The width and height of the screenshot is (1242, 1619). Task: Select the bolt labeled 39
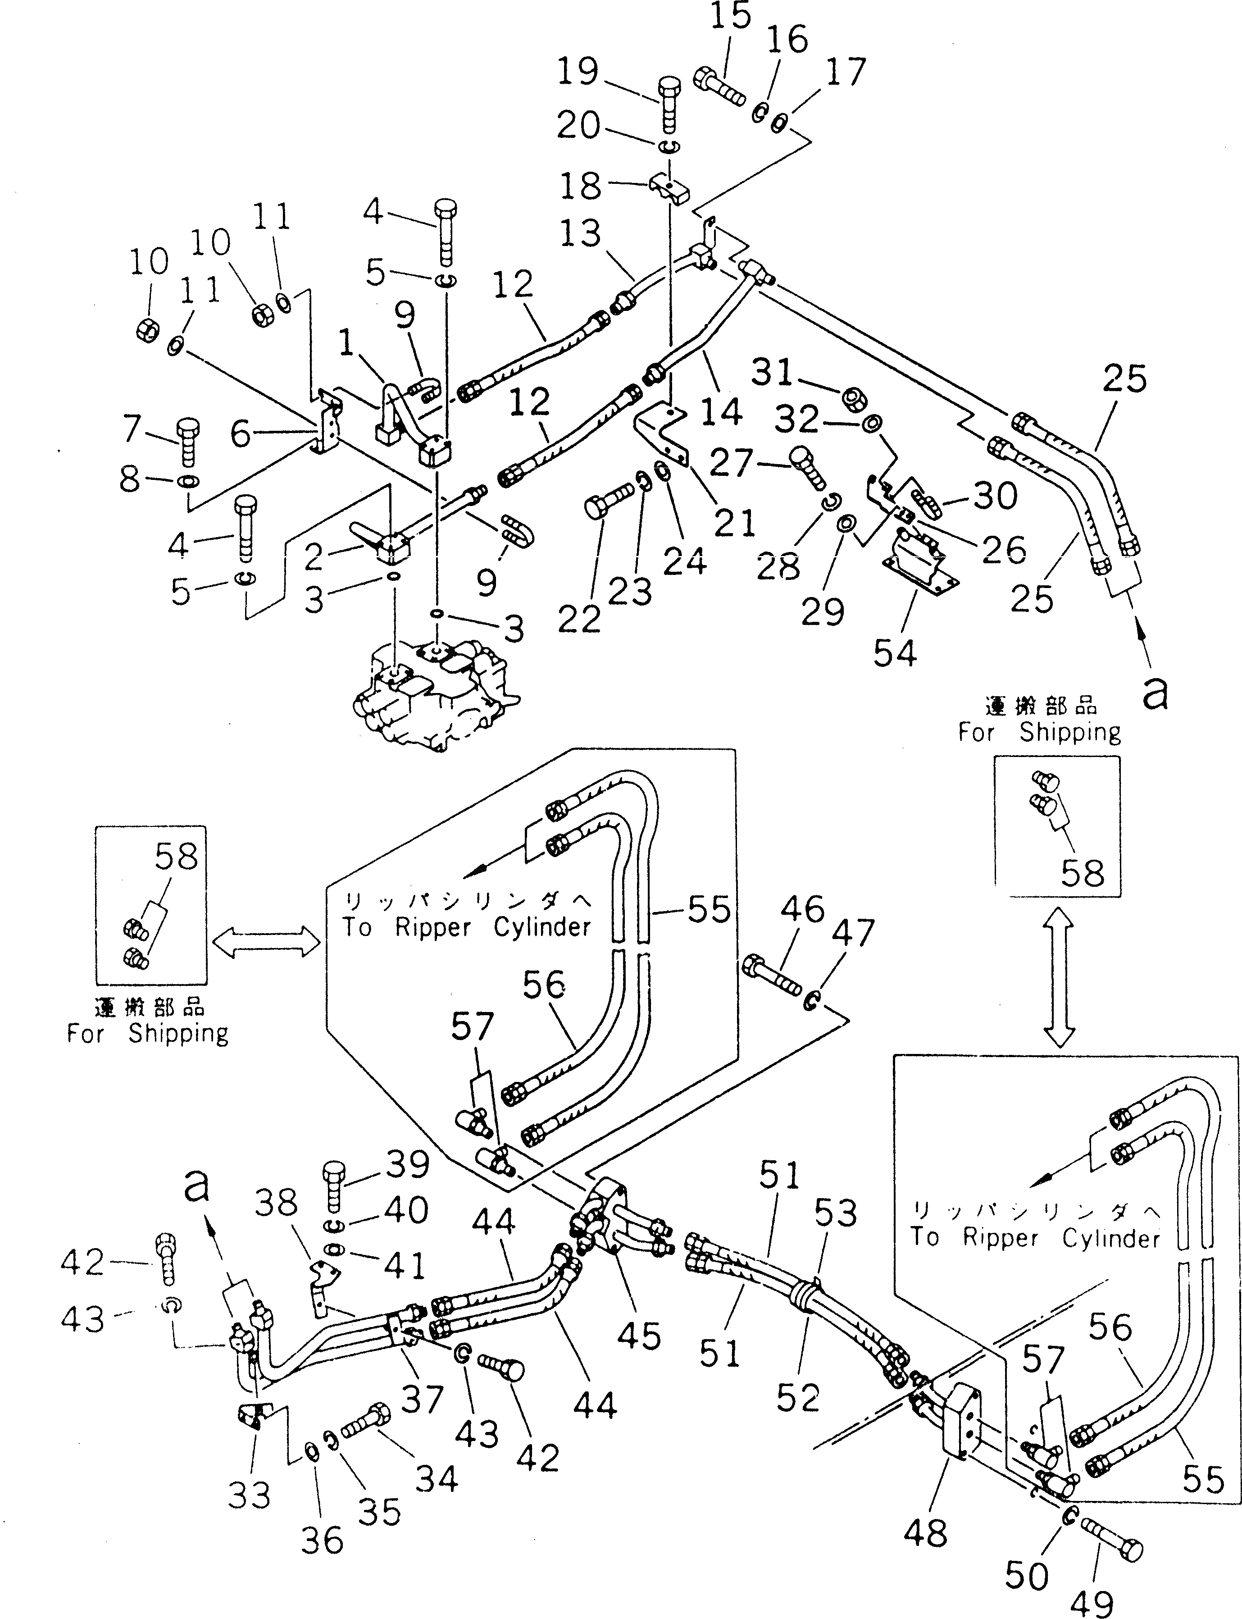pyautogui.click(x=335, y=1188)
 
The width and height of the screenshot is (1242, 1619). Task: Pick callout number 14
pyautogui.click(x=721, y=410)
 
